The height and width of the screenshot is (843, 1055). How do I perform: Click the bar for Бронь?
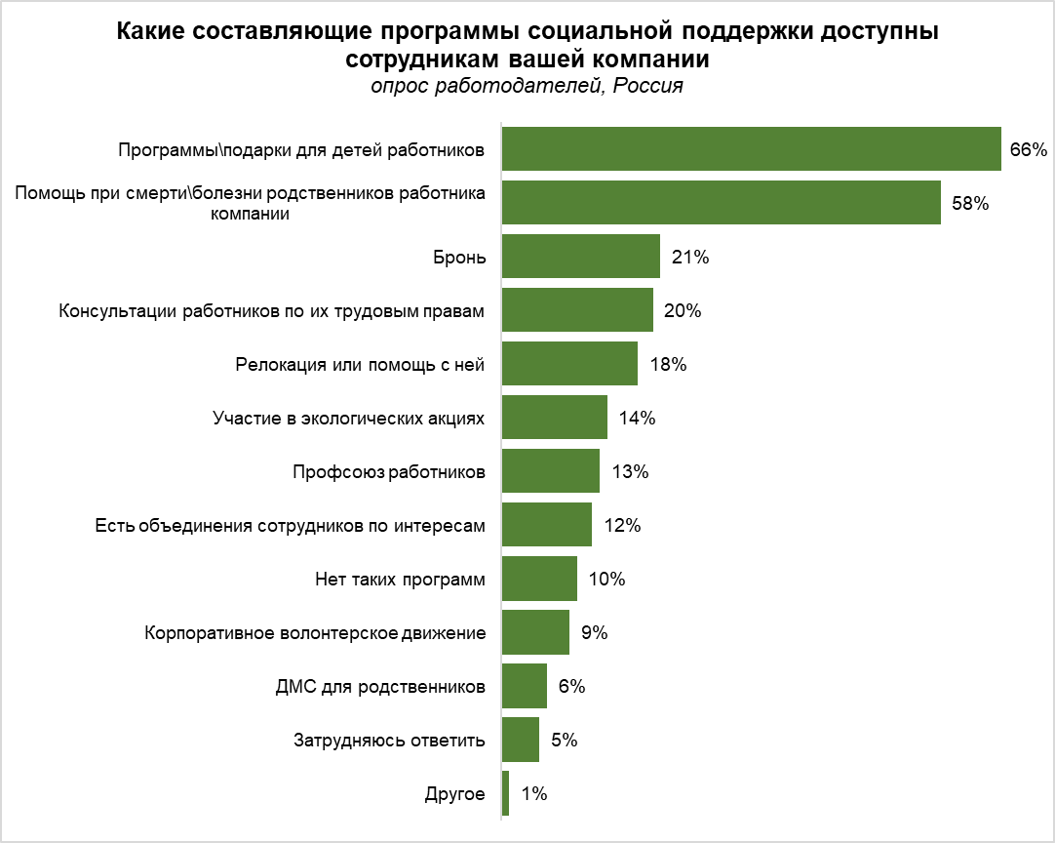click(580, 257)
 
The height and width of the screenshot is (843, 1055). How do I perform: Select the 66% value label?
click(1028, 150)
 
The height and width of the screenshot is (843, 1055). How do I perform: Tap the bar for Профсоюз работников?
click(550, 471)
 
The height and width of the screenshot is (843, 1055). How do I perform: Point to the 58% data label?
click(970, 204)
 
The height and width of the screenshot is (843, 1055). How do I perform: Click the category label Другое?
click(454, 793)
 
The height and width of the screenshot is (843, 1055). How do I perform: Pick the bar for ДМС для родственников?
click(524, 686)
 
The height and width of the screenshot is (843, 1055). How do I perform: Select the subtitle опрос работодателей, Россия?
click(527, 86)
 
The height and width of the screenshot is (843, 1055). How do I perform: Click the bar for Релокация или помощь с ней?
click(569, 364)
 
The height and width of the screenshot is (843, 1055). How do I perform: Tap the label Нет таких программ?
click(400, 579)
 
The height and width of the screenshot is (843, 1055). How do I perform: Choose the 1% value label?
click(534, 793)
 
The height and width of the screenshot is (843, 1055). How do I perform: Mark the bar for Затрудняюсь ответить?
click(520, 740)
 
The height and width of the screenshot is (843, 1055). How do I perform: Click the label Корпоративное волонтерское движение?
click(315, 632)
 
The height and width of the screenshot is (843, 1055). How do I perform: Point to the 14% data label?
click(637, 418)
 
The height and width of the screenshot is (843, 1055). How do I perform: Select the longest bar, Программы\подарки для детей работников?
click(751, 149)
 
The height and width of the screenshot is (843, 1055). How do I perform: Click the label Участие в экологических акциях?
click(348, 418)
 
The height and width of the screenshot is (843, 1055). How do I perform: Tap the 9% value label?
click(594, 632)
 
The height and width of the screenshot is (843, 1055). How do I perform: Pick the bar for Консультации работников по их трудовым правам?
click(577, 310)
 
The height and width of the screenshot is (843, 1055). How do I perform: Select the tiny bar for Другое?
click(505, 793)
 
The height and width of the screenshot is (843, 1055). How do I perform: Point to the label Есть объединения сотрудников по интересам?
click(290, 525)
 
